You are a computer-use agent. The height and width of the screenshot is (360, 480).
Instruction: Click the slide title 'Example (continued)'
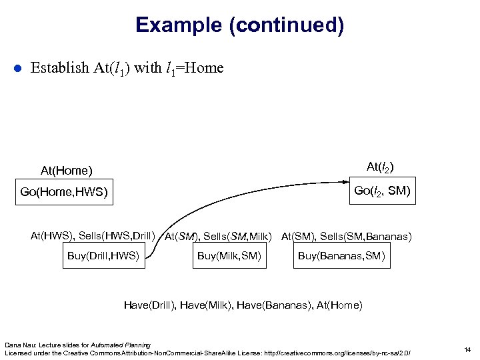(x=239, y=25)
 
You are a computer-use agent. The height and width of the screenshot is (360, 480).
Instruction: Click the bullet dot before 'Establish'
(x=19, y=69)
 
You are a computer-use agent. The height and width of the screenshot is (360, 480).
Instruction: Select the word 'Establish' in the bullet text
(x=59, y=68)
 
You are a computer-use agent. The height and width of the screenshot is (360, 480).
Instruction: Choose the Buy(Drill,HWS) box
(x=103, y=256)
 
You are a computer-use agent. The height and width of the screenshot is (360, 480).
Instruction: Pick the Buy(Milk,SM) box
(x=229, y=256)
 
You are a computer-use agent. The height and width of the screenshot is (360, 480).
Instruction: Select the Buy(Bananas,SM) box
(x=341, y=256)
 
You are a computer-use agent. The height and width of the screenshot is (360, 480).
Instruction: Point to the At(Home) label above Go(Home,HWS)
(x=66, y=171)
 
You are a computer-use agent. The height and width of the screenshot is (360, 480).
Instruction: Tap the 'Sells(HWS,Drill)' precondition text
(x=117, y=235)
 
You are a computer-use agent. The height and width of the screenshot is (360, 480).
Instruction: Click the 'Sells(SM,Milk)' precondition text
(x=239, y=236)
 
